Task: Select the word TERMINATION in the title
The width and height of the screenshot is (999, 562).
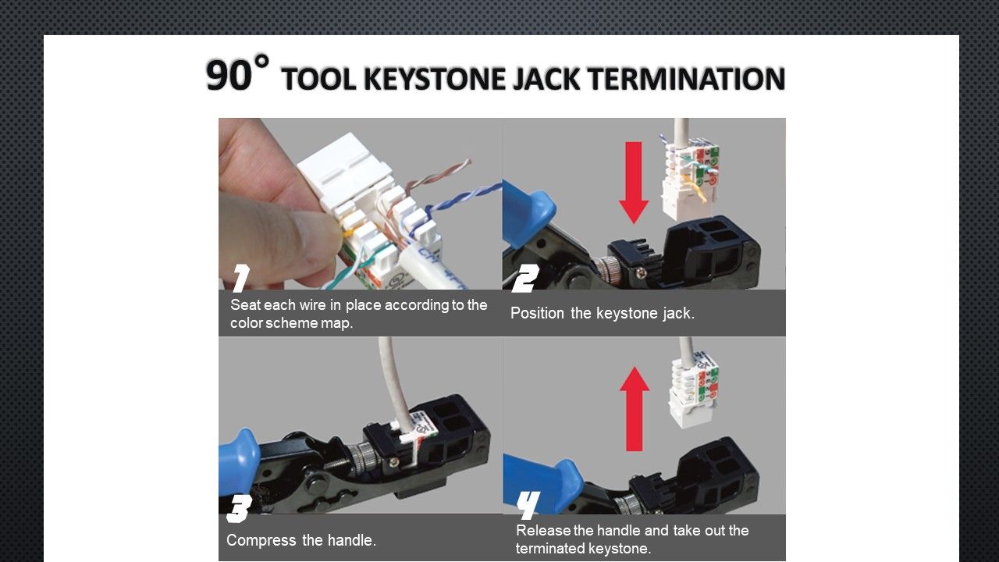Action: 685,80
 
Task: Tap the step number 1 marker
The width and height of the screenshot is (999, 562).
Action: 241,278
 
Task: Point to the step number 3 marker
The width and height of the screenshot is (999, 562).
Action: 238,509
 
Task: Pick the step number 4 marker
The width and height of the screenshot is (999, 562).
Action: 528,505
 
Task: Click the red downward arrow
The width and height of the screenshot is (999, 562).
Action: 634,182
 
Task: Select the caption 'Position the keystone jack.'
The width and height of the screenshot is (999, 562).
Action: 602,314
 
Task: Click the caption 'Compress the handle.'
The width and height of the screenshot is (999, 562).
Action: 301,540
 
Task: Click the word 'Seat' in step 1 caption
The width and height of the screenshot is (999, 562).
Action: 245,305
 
